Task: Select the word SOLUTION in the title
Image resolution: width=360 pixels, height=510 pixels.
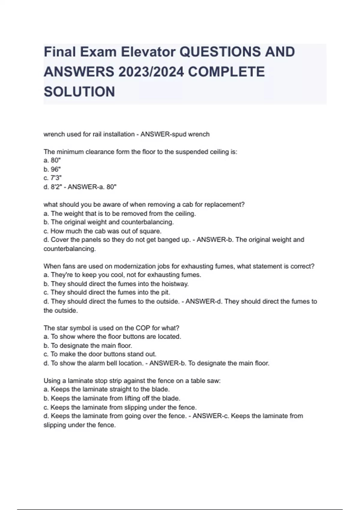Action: [79, 92]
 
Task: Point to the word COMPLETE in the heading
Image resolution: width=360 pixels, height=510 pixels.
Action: [227, 72]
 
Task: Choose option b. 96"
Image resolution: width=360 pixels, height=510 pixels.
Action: [52, 169]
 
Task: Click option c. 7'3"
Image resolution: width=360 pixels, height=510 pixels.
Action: [53, 178]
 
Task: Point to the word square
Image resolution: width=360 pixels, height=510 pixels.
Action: [151, 231]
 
